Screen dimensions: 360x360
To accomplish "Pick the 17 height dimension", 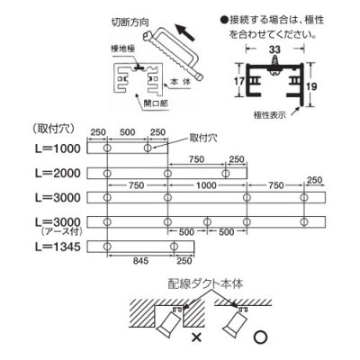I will click(x=240, y=81).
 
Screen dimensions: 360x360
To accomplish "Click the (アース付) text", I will click(x=58, y=231).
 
